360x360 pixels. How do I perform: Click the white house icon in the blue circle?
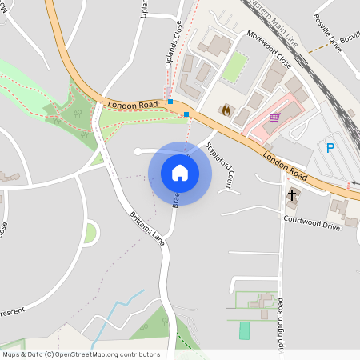[x=180, y=172]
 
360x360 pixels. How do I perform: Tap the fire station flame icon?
[x=226, y=110]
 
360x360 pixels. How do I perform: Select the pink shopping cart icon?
[x=275, y=118]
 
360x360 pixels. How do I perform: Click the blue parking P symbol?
[x=330, y=147]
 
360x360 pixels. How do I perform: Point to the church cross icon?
[x=291, y=194]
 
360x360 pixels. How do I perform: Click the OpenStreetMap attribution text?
[x=81, y=354]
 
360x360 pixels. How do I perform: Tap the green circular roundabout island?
[x=90, y=234]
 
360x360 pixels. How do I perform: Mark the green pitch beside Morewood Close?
[x=234, y=67]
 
